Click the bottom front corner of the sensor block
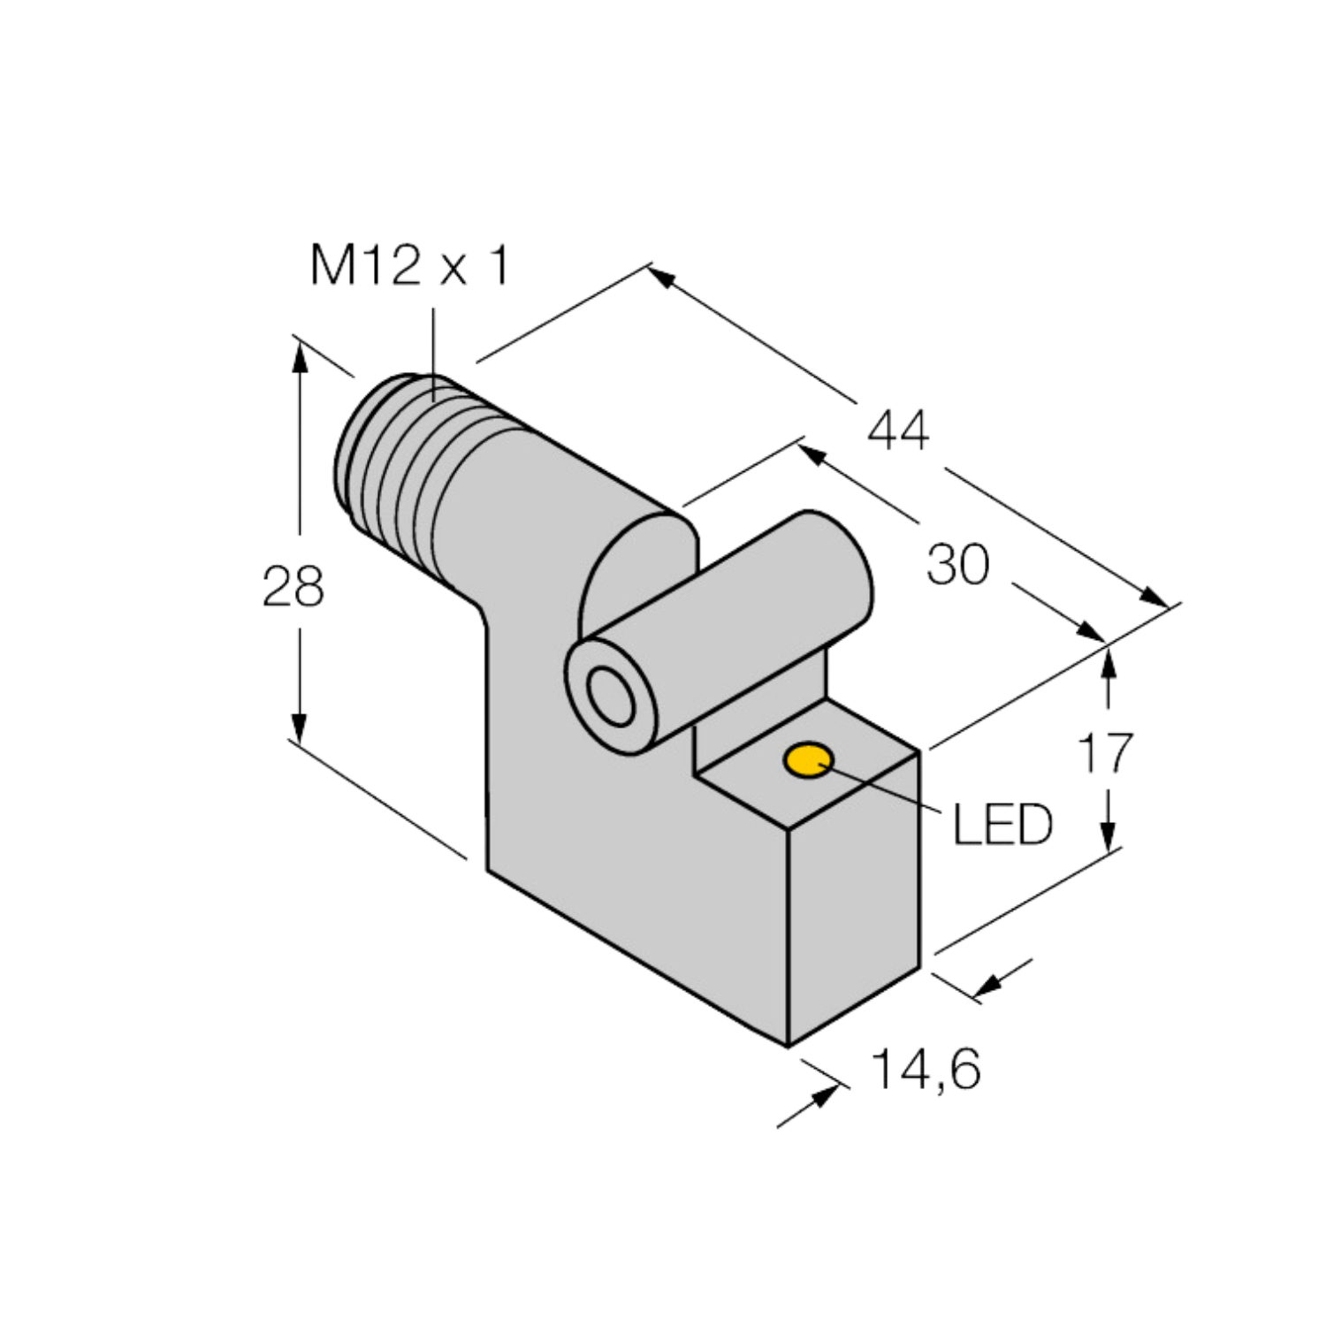pos(788,1047)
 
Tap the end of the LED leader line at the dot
pos(820,766)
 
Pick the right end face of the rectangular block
pos(854,897)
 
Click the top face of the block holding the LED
pos(806,763)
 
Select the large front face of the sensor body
pos(619,849)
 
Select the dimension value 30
pos(958,565)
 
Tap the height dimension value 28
pos(293,586)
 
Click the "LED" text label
pos(1002,825)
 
